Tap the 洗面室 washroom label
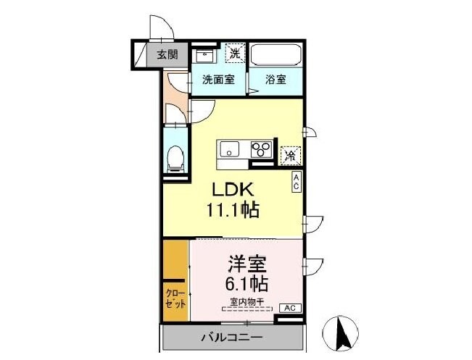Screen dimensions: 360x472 tap(218, 80)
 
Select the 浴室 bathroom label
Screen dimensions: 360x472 tap(275, 80)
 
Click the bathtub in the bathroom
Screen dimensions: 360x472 tap(275, 55)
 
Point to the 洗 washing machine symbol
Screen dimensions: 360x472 tap(236, 52)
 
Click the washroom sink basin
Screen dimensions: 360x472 tap(205, 54)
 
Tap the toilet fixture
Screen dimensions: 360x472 tap(175, 159)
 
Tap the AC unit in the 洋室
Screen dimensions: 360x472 tap(289, 308)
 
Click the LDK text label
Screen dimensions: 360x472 tap(231, 189)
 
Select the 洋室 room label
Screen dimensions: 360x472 tap(245, 261)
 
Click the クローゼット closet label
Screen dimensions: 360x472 tap(175, 299)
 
